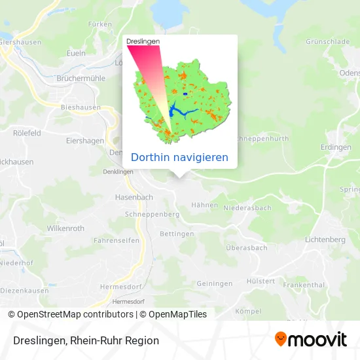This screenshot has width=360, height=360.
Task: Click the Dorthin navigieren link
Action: click(180, 157)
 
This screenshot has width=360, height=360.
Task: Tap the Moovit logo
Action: click(311, 339)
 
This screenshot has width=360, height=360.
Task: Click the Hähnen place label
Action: click(204, 205)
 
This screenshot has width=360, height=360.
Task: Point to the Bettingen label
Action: click(177, 234)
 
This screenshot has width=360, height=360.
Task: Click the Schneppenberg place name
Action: click(152, 214)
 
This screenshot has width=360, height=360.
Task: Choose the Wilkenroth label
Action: click(65, 228)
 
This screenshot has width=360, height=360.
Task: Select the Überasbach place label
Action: click(246, 248)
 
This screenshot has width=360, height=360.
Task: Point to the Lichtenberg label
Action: click(325, 240)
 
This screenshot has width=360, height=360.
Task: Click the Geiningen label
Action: click(214, 283)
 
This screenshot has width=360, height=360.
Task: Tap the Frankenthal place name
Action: click(304, 285)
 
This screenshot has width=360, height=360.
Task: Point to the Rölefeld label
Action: click(27, 132)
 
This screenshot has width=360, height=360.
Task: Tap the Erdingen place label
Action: click(337, 147)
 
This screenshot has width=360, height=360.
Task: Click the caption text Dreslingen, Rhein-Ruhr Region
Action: click(84, 340)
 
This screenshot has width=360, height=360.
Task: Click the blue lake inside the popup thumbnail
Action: click(178, 109)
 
